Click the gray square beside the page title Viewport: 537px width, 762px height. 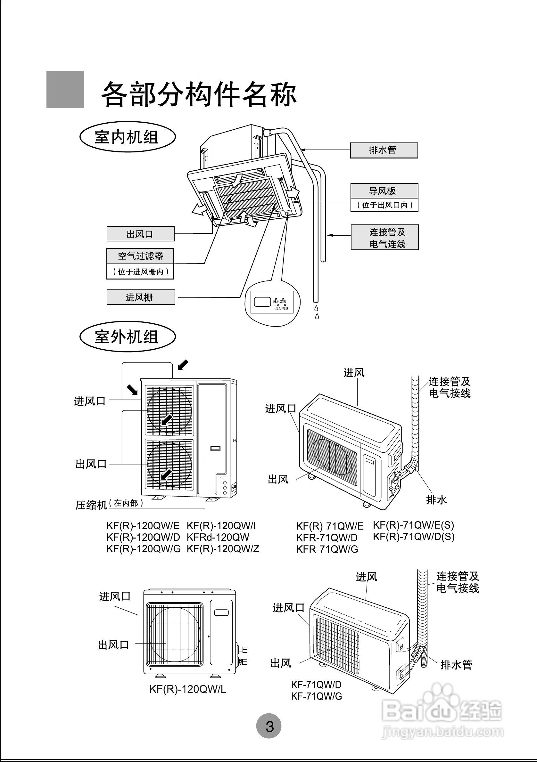coord(65,89)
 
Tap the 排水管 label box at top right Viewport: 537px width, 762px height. coord(384,150)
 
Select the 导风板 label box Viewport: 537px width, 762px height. coord(384,191)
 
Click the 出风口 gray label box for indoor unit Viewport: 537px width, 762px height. coord(140,234)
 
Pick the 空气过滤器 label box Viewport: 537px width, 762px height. coord(140,256)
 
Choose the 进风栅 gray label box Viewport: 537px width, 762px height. coord(140,297)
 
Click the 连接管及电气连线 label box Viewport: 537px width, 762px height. coord(384,237)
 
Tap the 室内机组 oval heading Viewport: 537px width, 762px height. coord(127,137)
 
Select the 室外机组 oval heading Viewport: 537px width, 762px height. coord(127,336)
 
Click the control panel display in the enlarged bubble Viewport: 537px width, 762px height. coord(262,302)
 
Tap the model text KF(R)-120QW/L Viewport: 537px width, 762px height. coord(188,689)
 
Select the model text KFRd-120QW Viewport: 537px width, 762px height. coord(218,537)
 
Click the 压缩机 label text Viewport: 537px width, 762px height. coord(91,505)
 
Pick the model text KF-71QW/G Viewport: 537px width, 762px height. coord(317,696)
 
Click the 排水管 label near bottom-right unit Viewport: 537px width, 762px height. coord(456,665)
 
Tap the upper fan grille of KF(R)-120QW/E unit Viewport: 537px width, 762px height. coord(169,410)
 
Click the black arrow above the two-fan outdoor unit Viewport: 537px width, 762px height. coord(183,365)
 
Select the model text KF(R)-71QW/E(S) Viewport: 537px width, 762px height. coord(413,525)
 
